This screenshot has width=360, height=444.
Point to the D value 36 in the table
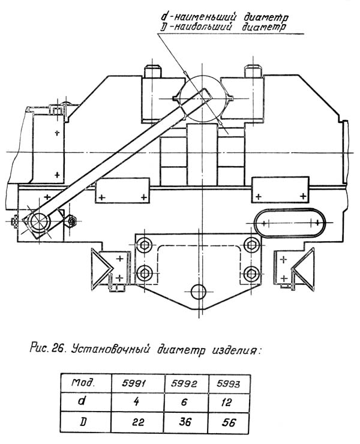coord(186,422)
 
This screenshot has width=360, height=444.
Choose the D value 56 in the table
coord(229,422)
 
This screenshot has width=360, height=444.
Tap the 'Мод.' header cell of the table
coord(86,383)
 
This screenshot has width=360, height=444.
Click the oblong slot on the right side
coord(290,223)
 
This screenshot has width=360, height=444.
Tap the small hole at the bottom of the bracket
coord(198,292)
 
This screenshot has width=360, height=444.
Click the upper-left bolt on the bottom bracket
coord(144,245)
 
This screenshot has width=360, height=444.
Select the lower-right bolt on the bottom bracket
coord(251,274)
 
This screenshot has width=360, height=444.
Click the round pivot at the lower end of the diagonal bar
coord(40,222)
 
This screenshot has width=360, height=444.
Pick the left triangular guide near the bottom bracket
coord(101,266)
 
